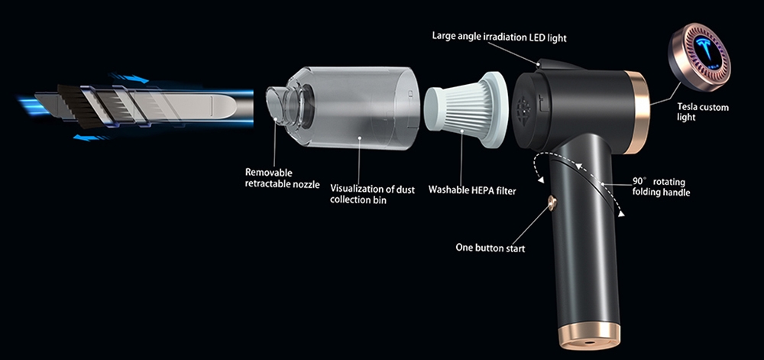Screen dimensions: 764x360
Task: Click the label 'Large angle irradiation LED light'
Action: [x=500, y=37]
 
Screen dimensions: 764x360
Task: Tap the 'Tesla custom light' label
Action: [x=703, y=112]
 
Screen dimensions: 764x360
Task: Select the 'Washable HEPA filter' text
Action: [x=471, y=190]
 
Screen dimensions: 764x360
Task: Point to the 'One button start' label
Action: [x=490, y=248]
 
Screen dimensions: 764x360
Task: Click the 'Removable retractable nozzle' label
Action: [x=283, y=178]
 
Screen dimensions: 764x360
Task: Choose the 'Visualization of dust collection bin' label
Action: [x=373, y=194]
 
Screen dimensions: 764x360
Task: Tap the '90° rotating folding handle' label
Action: [x=661, y=187]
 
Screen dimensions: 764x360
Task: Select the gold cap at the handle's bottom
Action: [x=589, y=336]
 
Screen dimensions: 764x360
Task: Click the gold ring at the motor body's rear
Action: [x=637, y=112]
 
